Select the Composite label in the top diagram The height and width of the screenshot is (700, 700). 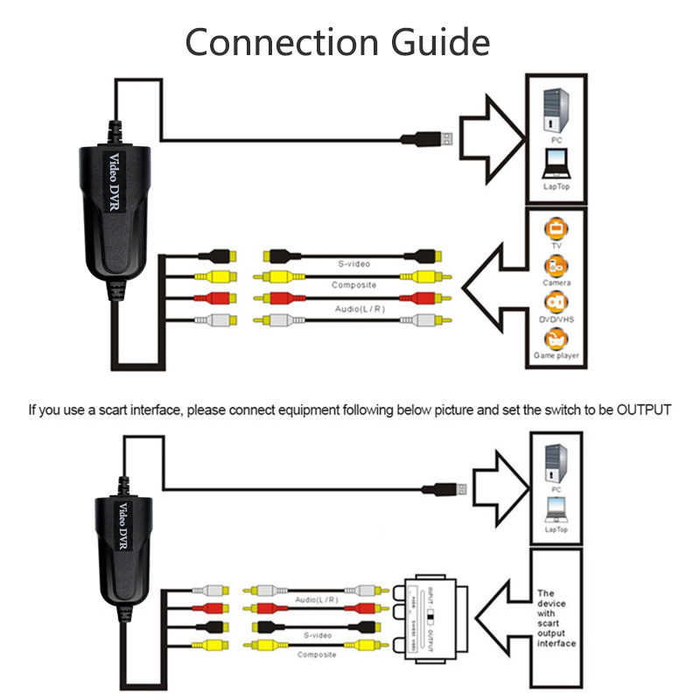[353, 286]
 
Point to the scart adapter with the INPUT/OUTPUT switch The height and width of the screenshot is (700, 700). [426, 619]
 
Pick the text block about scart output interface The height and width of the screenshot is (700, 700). [556, 618]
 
